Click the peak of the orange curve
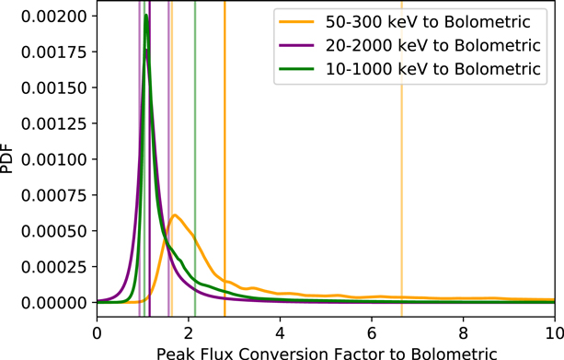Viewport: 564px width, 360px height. (x=175, y=215)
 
